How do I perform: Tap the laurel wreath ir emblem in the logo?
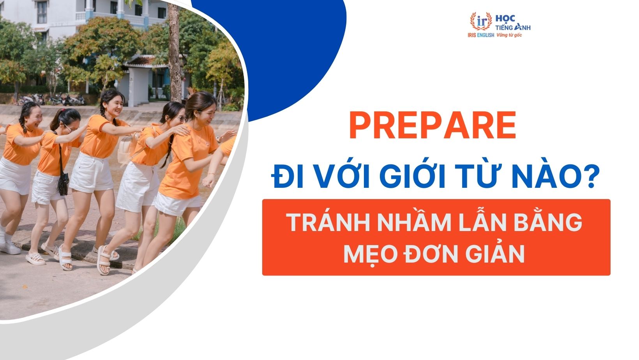tap(481, 21)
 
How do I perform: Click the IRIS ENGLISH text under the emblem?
tap(480, 35)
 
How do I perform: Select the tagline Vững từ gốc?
tap(509, 35)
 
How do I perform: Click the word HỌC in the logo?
tap(505, 18)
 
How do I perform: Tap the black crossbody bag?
tap(63, 184)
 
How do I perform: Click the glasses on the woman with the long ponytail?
tap(180, 118)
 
